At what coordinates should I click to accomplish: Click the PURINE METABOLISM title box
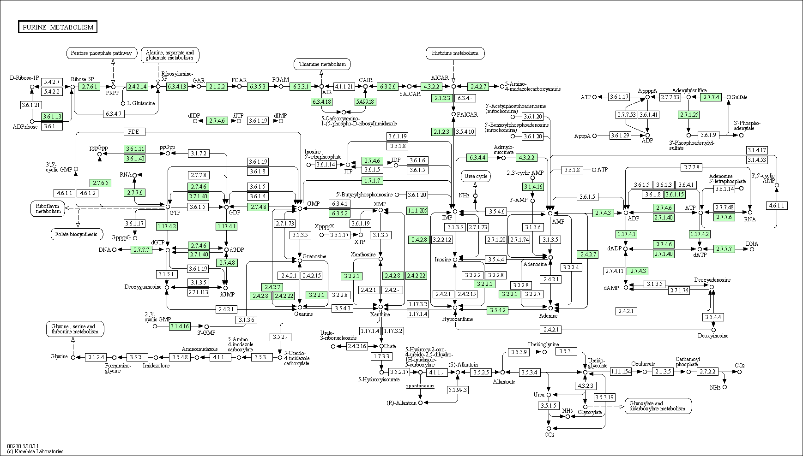(58, 27)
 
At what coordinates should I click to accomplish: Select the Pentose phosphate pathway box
(102, 53)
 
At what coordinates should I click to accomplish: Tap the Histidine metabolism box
(455, 53)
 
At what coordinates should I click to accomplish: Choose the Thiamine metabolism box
(322, 64)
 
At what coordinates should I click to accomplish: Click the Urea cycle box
(476, 176)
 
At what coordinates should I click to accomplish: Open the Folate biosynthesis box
(77, 234)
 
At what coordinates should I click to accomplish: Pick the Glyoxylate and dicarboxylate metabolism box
(658, 406)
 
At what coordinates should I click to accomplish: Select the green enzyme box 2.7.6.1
(89, 86)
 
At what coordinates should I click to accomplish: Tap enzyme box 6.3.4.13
(177, 86)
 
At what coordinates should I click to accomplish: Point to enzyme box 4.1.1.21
(344, 86)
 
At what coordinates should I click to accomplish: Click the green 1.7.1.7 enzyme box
(372, 180)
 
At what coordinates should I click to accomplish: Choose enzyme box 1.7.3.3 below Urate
(381, 356)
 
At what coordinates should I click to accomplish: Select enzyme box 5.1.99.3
(458, 390)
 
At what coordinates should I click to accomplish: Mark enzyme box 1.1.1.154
(621, 372)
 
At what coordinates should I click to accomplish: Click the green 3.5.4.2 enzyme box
(497, 310)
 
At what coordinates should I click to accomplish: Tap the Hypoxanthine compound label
(457, 319)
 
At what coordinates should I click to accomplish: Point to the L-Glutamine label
(141, 103)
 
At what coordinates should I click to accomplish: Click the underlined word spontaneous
(420, 385)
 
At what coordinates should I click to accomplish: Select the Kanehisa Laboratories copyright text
(35, 451)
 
